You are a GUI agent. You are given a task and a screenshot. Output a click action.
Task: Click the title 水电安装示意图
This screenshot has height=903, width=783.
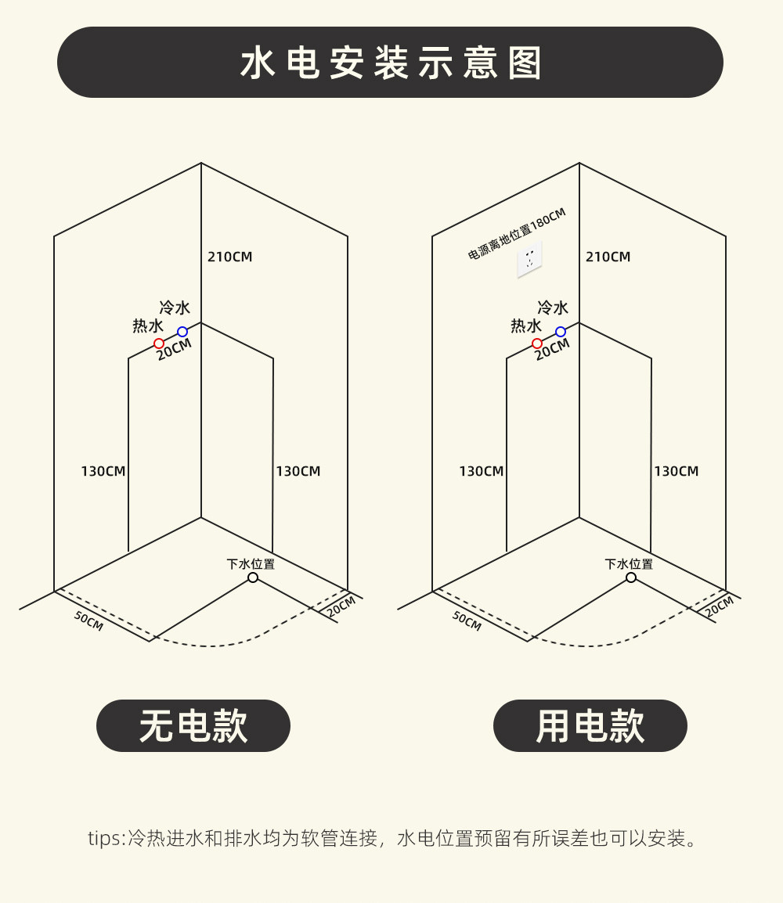pyautogui.click(x=391, y=63)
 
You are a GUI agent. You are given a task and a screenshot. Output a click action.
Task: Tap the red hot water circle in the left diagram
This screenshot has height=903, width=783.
pyautogui.click(x=159, y=344)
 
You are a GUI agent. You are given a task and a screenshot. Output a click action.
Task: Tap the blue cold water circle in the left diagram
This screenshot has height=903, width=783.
pyautogui.click(x=182, y=332)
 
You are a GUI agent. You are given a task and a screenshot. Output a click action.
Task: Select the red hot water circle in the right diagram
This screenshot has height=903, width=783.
pyautogui.click(x=537, y=344)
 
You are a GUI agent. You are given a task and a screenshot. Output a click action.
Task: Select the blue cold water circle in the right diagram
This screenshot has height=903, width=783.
pyautogui.click(x=561, y=332)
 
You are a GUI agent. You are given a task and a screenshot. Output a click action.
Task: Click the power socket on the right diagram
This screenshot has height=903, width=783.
pyautogui.click(x=529, y=259)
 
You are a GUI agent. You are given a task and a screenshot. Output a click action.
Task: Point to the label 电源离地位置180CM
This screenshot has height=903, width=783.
pyautogui.click(x=517, y=233)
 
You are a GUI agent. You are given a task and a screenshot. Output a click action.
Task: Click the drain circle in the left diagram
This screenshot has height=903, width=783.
pyautogui.click(x=253, y=577)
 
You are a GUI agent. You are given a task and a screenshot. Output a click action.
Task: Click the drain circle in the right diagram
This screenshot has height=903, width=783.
pyautogui.click(x=631, y=577)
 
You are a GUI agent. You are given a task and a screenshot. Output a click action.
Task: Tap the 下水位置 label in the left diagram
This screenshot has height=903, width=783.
pyautogui.click(x=251, y=563)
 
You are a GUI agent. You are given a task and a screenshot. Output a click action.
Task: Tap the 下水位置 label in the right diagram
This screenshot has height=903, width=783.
pyautogui.click(x=629, y=563)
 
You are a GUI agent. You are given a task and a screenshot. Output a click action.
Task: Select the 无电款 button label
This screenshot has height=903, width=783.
pyautogui.click(x=193, y=726)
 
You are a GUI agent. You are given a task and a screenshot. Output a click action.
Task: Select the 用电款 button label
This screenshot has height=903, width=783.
pyautogui.click(x=590, y=726)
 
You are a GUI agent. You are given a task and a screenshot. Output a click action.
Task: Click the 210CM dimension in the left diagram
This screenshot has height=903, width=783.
pyautogui.click(x=230, y=257)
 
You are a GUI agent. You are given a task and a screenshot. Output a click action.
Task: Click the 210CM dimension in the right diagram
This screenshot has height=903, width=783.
pyautogui.click(x=608, y=257)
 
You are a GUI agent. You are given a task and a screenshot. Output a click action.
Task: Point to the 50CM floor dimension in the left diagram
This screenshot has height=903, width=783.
pyautogui.click(x=88, y=621)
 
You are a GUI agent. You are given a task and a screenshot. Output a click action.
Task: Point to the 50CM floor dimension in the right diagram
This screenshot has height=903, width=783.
pyautogui.click(x=467, y=621)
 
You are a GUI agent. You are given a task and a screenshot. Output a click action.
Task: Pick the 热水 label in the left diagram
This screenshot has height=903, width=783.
pyautogui.click(x=148, y=326)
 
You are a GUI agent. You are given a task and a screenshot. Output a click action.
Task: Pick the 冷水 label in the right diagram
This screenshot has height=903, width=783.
pyautogui.click(x=553, y=308)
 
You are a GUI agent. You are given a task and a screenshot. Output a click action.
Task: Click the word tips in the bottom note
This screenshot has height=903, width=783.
pyautogui.click(x=104, y=839)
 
